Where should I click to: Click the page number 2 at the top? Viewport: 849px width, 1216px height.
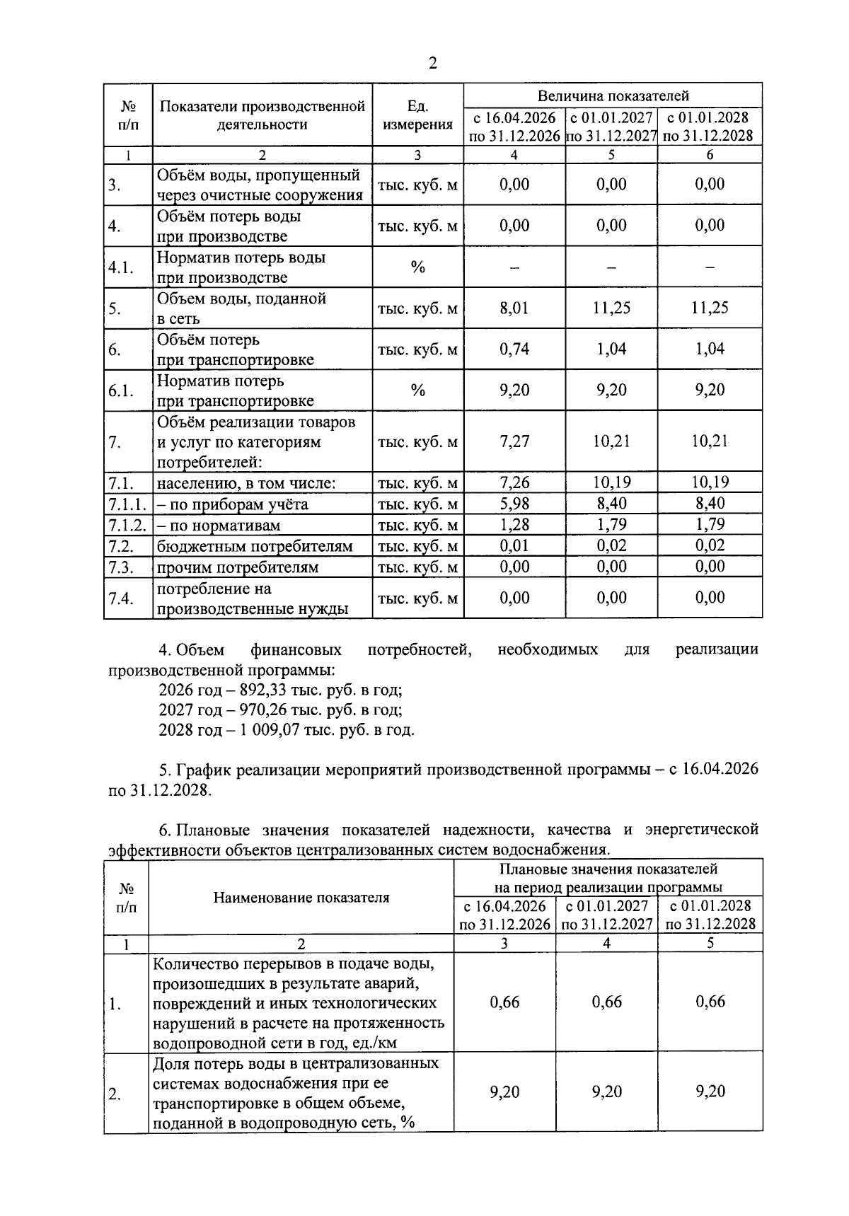(432, 64)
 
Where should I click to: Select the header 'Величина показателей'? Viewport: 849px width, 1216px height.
(613, 95)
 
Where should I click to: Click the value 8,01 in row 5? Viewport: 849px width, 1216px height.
(514, 308)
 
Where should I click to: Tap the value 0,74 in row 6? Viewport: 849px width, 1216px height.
(514, 349)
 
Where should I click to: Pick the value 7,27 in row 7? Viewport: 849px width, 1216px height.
(514, 442)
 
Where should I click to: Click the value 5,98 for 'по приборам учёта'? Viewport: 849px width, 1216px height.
(514, 504)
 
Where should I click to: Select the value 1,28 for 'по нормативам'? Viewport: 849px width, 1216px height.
(514, 525)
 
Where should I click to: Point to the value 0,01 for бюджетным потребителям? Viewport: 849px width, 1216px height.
(514, 546)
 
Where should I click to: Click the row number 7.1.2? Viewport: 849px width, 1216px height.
(127, 526)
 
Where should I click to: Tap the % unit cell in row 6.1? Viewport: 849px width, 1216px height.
(417, 390)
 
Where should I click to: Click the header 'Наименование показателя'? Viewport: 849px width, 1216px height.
(301, 898)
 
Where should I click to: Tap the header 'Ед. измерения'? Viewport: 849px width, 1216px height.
(417, 115)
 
